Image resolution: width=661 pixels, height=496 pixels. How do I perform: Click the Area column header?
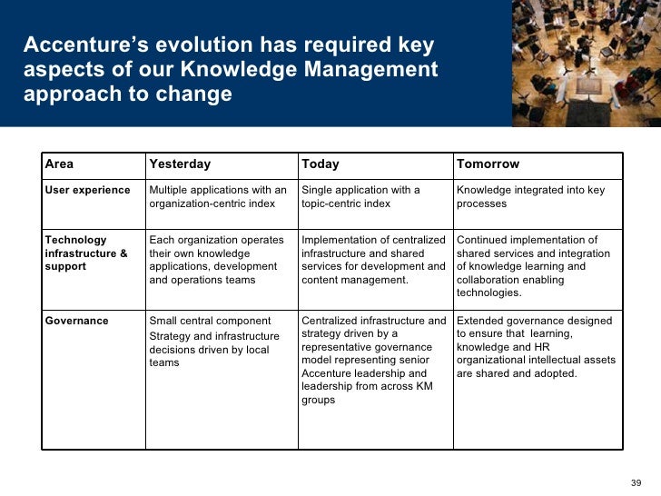coord(60,164)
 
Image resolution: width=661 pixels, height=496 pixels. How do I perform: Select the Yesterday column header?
coord(180,164)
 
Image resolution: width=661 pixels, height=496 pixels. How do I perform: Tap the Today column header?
coord(320,164)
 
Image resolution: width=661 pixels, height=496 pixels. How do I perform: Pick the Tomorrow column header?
coord(488,164)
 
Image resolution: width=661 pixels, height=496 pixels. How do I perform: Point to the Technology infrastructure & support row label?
coord(86,253)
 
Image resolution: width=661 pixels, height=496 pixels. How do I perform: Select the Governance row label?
coord(77,321)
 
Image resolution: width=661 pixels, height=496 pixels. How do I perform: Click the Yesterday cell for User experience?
coord(218,196)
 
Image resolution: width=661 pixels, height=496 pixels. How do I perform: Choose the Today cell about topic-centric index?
coord(360,196)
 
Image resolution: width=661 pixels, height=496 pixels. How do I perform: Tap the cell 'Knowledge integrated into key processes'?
coord(530,196)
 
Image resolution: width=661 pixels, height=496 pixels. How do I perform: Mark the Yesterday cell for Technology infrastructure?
coord(213,260)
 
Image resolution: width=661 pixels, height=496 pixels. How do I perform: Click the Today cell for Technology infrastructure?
coord(373,260)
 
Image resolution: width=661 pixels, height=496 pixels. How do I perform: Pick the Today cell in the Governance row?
coord(373,360)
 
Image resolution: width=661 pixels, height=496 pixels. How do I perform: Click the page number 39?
coord(636,481)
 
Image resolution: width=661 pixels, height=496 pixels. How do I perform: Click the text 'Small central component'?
coord(210,321)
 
